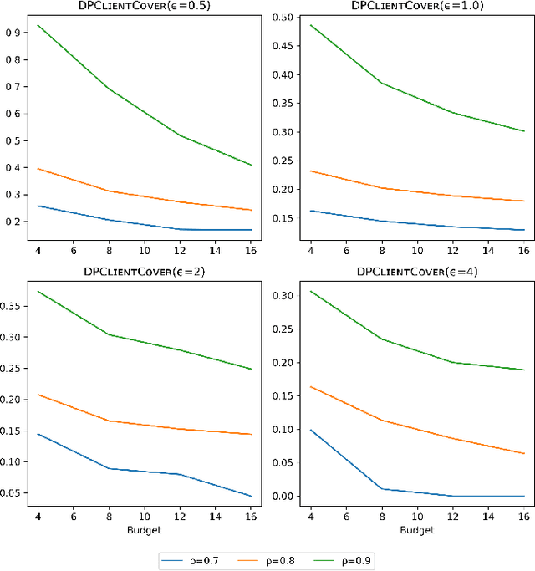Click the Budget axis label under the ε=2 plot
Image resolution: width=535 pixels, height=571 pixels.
tap(144, 531)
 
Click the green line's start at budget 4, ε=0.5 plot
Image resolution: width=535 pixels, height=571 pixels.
tap(37, 25)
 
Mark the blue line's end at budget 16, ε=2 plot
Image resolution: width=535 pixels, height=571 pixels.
tap(252, 496)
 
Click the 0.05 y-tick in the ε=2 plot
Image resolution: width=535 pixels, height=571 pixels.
tap(13, 492)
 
